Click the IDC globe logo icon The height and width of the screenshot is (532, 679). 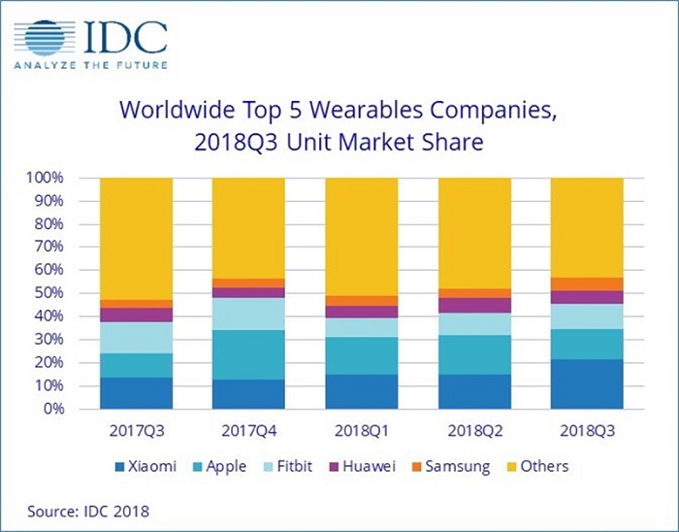click(45, 36)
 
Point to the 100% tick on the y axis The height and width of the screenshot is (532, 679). click(44, 179)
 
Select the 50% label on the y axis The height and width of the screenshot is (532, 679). click(47, 293)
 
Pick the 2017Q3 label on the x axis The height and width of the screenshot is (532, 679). click(137, 428)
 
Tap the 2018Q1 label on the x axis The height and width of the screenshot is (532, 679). click(362, 428)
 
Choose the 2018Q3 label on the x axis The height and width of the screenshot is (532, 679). click(586, 428)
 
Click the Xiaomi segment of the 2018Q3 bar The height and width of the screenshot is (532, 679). click(586, 383)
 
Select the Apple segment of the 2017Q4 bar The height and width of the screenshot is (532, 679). click(249, 354)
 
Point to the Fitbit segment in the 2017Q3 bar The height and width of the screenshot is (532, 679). click(137, 337)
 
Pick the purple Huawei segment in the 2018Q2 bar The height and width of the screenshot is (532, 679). click(474, 305)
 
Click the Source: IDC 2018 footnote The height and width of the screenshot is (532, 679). click(87, 509)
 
